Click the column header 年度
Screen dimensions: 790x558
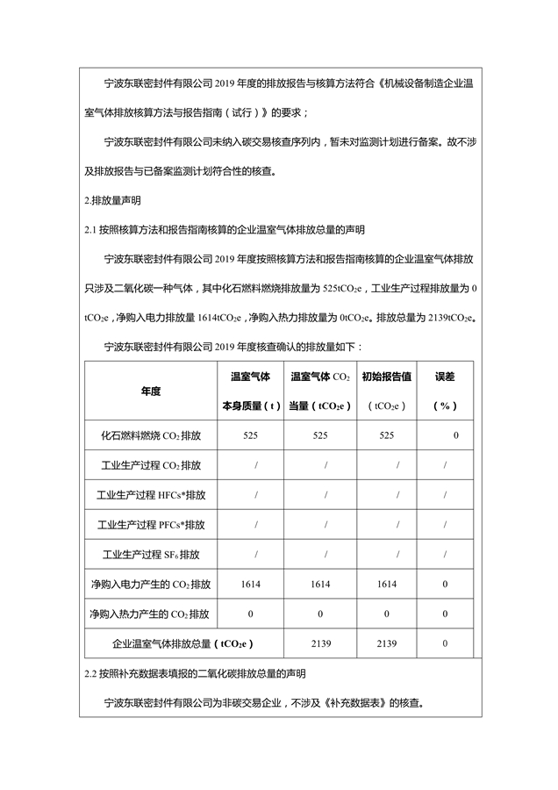[150, 391]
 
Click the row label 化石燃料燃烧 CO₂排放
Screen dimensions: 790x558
[150, 435]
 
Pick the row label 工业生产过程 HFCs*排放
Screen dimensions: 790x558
[150, 495]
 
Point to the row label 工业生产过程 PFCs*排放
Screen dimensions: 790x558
[150, 525]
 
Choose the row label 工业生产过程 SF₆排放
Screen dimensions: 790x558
[150, 555]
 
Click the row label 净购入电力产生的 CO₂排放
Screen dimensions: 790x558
[150, 585]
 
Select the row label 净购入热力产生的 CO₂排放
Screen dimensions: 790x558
[150, 614]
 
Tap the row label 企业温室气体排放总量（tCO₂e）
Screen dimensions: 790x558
[182, 644]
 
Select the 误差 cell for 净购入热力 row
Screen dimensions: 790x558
[446, 614]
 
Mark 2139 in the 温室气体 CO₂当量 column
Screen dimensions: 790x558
[321, 644]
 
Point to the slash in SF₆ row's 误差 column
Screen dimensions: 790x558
[446, 555]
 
